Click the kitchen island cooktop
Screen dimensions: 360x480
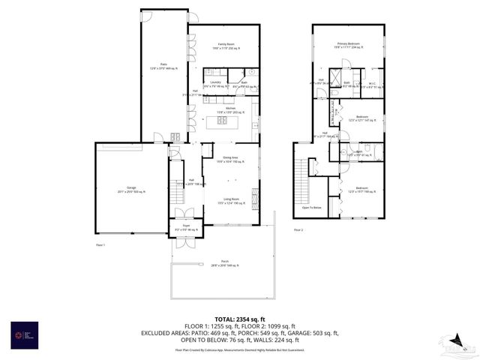(223, 120)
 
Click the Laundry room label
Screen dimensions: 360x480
(214, 84)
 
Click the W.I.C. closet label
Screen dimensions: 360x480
(372, 85)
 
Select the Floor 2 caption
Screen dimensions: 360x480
(298, 229)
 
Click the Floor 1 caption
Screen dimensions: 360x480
(100, 244)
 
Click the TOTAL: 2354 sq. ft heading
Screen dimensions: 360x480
(239, 318)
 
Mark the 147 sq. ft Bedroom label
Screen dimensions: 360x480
(361, 118)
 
